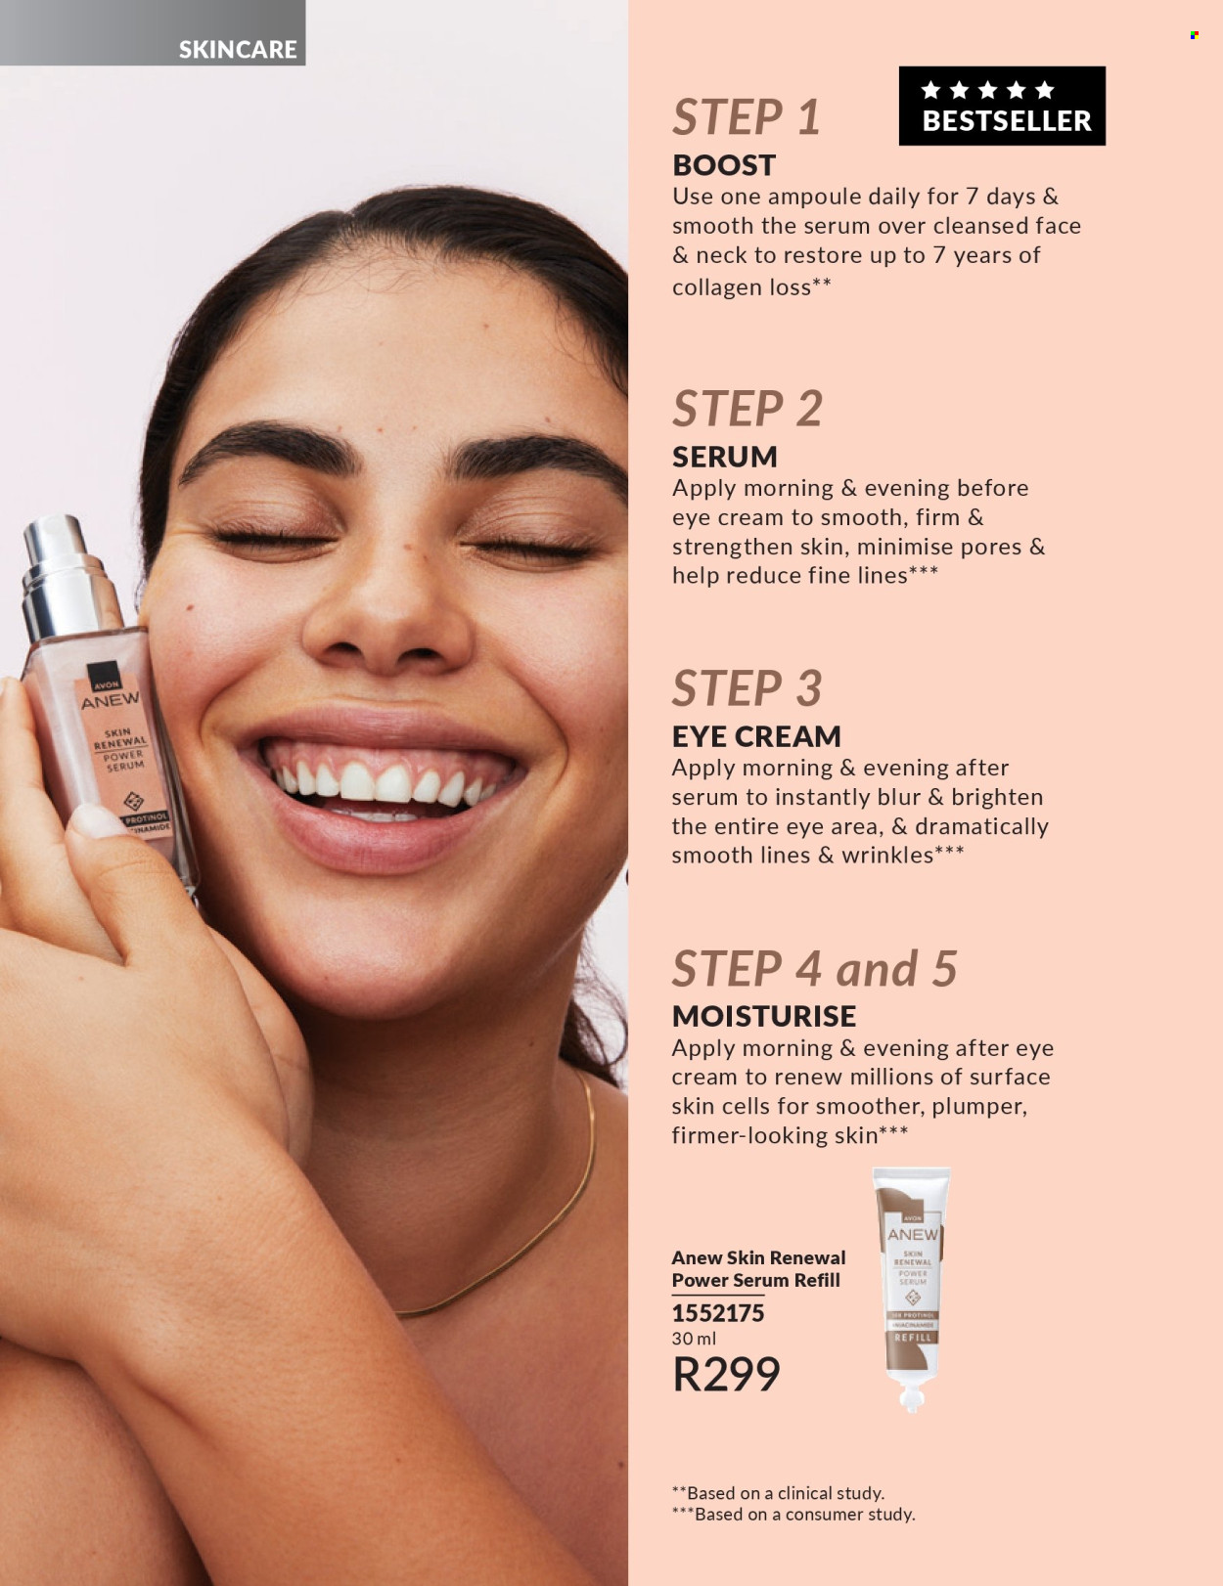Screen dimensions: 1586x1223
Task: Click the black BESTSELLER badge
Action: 1002,106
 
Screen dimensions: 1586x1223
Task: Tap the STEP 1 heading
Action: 746,117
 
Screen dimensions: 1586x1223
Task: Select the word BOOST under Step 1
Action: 724,165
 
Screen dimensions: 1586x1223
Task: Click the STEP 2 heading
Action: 747,409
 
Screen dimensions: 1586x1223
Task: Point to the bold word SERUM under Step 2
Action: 724,457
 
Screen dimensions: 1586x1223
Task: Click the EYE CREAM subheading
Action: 756,736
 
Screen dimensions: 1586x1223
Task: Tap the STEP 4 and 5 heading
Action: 814,969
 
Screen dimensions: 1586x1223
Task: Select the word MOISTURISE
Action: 763,1016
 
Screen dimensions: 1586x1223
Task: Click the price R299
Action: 726,1374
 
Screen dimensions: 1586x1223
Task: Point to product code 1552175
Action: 717,1313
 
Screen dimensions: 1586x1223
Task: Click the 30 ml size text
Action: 694,1339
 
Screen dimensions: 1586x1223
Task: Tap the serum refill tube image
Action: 912,1281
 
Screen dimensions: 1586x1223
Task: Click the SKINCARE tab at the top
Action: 237,49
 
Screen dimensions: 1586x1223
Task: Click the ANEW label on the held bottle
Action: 110,701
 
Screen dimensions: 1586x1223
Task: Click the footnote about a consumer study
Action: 793,1514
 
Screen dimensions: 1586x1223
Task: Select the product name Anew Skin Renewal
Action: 758,1257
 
